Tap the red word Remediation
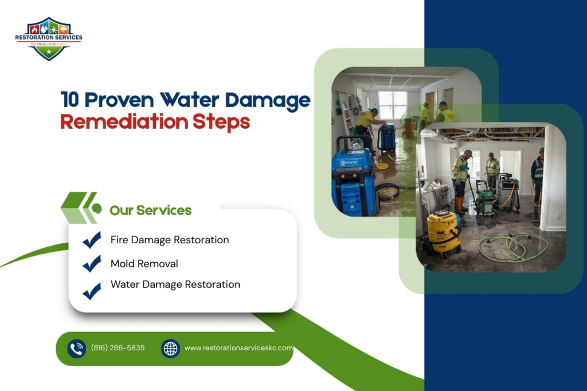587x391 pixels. [123, 122]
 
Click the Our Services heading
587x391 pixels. [151, 210]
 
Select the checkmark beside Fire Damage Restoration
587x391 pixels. [92, 240]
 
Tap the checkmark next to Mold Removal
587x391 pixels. [92, 263]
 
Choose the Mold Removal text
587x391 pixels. [144, 263]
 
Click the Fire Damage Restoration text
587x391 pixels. [170, 240]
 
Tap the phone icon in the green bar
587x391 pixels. [76, 348]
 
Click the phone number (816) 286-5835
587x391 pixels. [118, 348]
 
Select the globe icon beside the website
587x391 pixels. [170, 348]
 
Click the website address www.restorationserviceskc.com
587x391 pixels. [238, 348]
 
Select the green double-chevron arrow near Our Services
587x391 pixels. [79, 208]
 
